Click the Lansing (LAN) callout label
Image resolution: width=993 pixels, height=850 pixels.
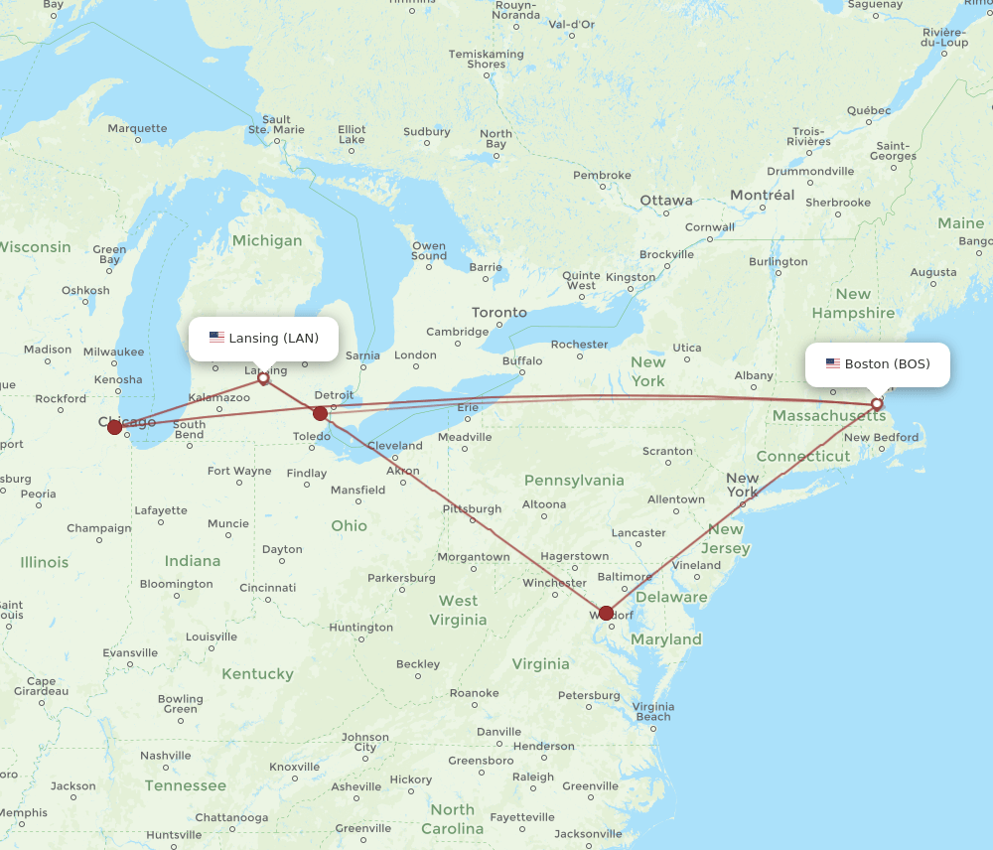coord(264,338)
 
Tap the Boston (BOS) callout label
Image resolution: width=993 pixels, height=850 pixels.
coord(877,363)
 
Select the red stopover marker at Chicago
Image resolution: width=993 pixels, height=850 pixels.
coord(115,427)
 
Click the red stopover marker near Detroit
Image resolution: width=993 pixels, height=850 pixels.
coord(320,413)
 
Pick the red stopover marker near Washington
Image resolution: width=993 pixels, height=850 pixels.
coord(607,613)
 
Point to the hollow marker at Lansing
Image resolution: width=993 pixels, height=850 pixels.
coord(263,377)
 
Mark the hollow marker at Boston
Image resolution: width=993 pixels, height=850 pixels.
coord(877,404)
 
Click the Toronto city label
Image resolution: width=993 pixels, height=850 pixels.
coord(499,312)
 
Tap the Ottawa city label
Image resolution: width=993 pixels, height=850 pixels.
coord(665,201)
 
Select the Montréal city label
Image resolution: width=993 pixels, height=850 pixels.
coord(762,196)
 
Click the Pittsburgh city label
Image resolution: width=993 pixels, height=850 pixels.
coord(472,508)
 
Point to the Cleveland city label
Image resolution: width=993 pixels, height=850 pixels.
coord(394,446)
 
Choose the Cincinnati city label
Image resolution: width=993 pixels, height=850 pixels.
coord(267,588)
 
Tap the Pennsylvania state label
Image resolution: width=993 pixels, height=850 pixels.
coord(575,481)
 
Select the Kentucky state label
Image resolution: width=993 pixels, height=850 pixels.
coord(257,674)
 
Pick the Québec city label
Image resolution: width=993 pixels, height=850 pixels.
coord(869,110)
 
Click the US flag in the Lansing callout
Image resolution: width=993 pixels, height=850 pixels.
coord(216,338)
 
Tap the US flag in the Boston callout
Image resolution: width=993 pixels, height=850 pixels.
coord(832,363)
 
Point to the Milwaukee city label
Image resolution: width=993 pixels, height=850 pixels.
coord(114,352)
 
